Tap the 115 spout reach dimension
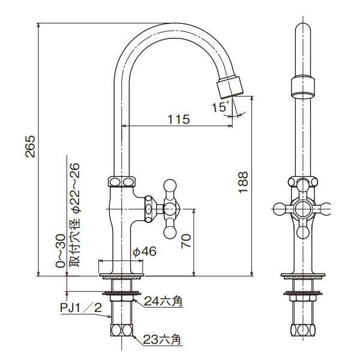[178, 119]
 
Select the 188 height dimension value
[242, 182]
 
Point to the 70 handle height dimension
[186, 241]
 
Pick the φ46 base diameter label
[144, 252]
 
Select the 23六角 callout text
[162, 340]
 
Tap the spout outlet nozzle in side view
[229, 86]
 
